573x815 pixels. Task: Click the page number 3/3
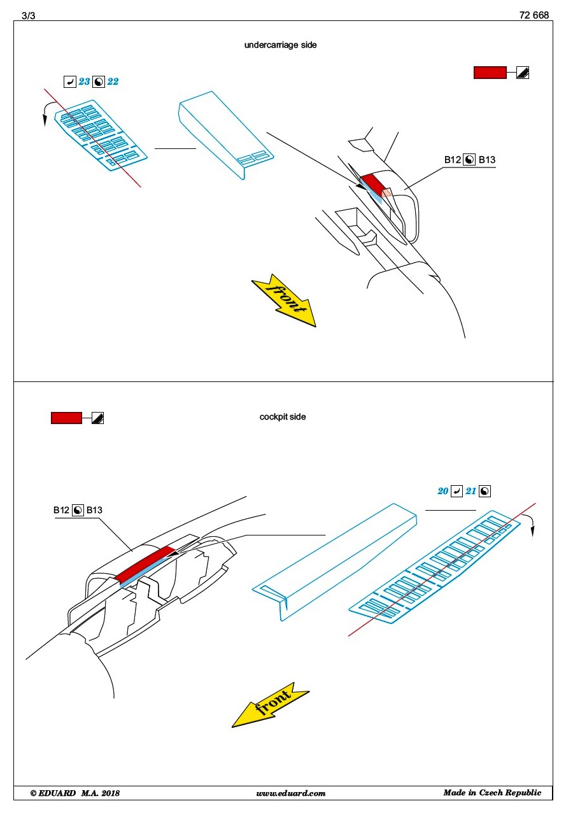coord(29,16)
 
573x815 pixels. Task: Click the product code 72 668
coord(534,16)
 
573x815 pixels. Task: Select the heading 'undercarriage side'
coord(280,45)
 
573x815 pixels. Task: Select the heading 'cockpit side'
coord(283,417)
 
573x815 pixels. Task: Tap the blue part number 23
coord(84,81)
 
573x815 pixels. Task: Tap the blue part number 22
coord(113,81)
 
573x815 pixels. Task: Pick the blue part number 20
coord(443,491)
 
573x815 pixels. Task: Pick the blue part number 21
coord(471,491)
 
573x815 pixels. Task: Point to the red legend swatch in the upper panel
coord(490,73)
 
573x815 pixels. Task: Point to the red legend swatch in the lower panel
coord(66,418)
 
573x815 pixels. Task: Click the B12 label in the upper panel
coord(452,160)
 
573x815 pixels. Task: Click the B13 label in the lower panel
coord(94,511)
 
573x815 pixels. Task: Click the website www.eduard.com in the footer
coord(290,793)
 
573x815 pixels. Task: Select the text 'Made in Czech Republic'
coord(492,793)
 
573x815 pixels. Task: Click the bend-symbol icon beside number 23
coord(70,81)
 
